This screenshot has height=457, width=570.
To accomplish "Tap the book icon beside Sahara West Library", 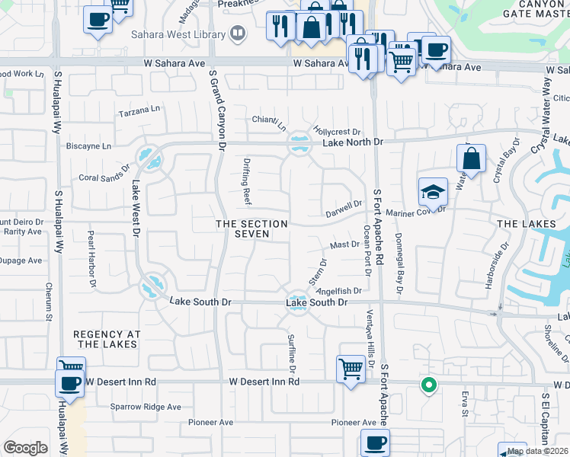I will [x=239, y=34].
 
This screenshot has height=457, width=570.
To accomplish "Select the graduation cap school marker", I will [x=433, y=192].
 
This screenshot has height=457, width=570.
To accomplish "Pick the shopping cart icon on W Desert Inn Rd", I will [x=351, y=369].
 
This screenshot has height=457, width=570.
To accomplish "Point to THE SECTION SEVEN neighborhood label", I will [x=251, y=228].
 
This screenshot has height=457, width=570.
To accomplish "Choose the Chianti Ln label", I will [x=270, y=122].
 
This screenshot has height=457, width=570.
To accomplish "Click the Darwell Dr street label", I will [x=344, y=206].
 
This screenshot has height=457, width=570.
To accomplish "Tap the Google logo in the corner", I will [x=25, y=448].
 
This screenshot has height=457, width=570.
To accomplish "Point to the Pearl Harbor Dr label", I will [x=91, y=260].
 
